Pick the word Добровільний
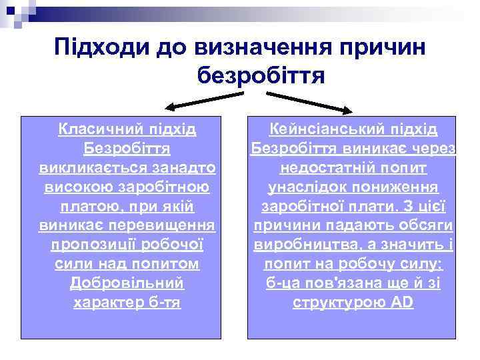(x=127, y=283)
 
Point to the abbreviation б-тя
(x=165, y=303)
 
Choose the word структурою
(x=338, y=303)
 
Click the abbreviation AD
(x=403, y=303)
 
